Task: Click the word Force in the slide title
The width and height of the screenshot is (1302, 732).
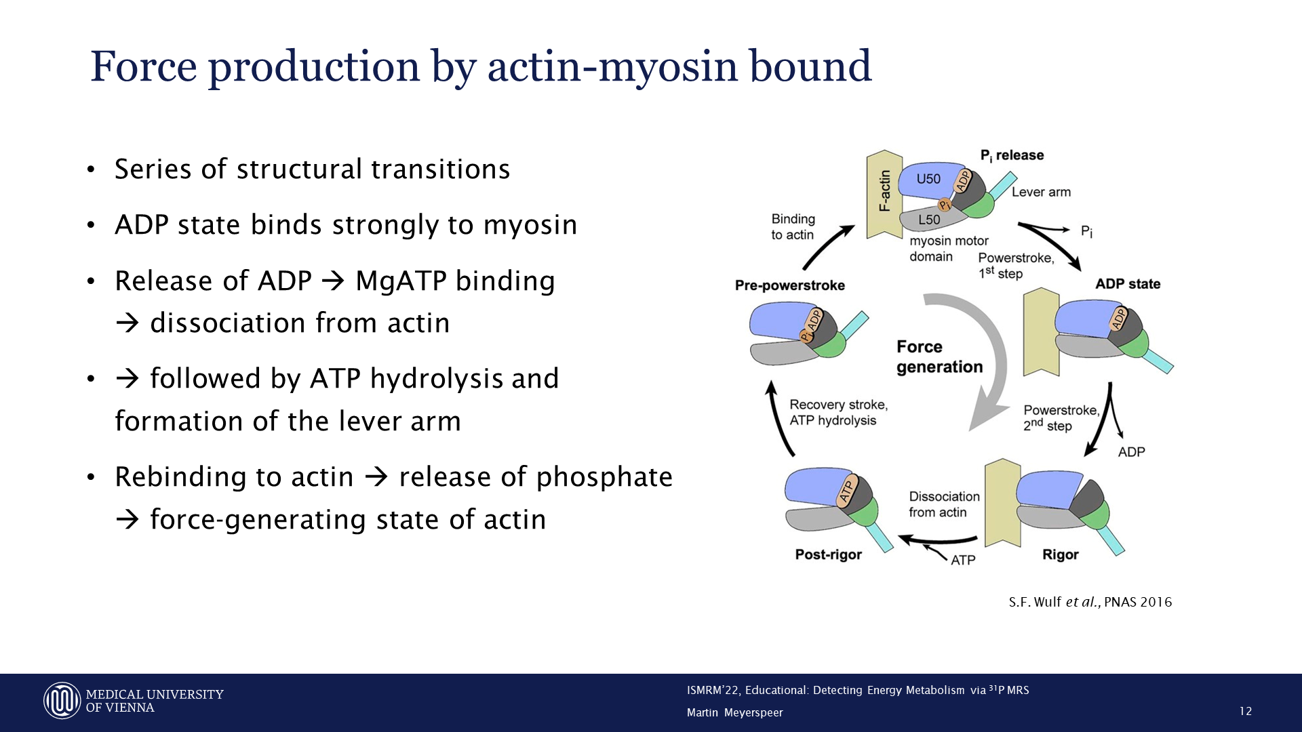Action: [144, 66]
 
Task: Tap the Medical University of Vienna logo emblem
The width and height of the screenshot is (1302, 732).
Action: [62, 701]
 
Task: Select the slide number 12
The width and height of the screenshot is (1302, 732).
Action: [1245, 711]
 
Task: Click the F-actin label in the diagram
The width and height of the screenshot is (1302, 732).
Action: [884, 192]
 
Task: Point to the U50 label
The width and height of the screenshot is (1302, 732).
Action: [928, 179]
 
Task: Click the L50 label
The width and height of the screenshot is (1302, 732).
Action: [929, 220]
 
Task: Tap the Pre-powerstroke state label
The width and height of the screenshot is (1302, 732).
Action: [790, 285]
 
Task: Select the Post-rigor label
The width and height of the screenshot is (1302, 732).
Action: [828, 554]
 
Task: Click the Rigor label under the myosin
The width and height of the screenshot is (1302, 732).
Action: [1060, 554]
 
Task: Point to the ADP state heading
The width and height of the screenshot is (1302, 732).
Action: [1128, 284]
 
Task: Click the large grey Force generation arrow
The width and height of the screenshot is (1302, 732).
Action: [990, 366]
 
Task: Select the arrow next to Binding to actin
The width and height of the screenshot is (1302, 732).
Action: [828, 248]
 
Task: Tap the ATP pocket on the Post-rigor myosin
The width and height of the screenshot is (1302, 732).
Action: [846, 490]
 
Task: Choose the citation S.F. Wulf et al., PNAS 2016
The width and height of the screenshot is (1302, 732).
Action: [1090, 602]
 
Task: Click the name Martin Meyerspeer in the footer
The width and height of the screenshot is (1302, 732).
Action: [734, 712]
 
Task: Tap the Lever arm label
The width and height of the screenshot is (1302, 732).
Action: [1041, 192]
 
